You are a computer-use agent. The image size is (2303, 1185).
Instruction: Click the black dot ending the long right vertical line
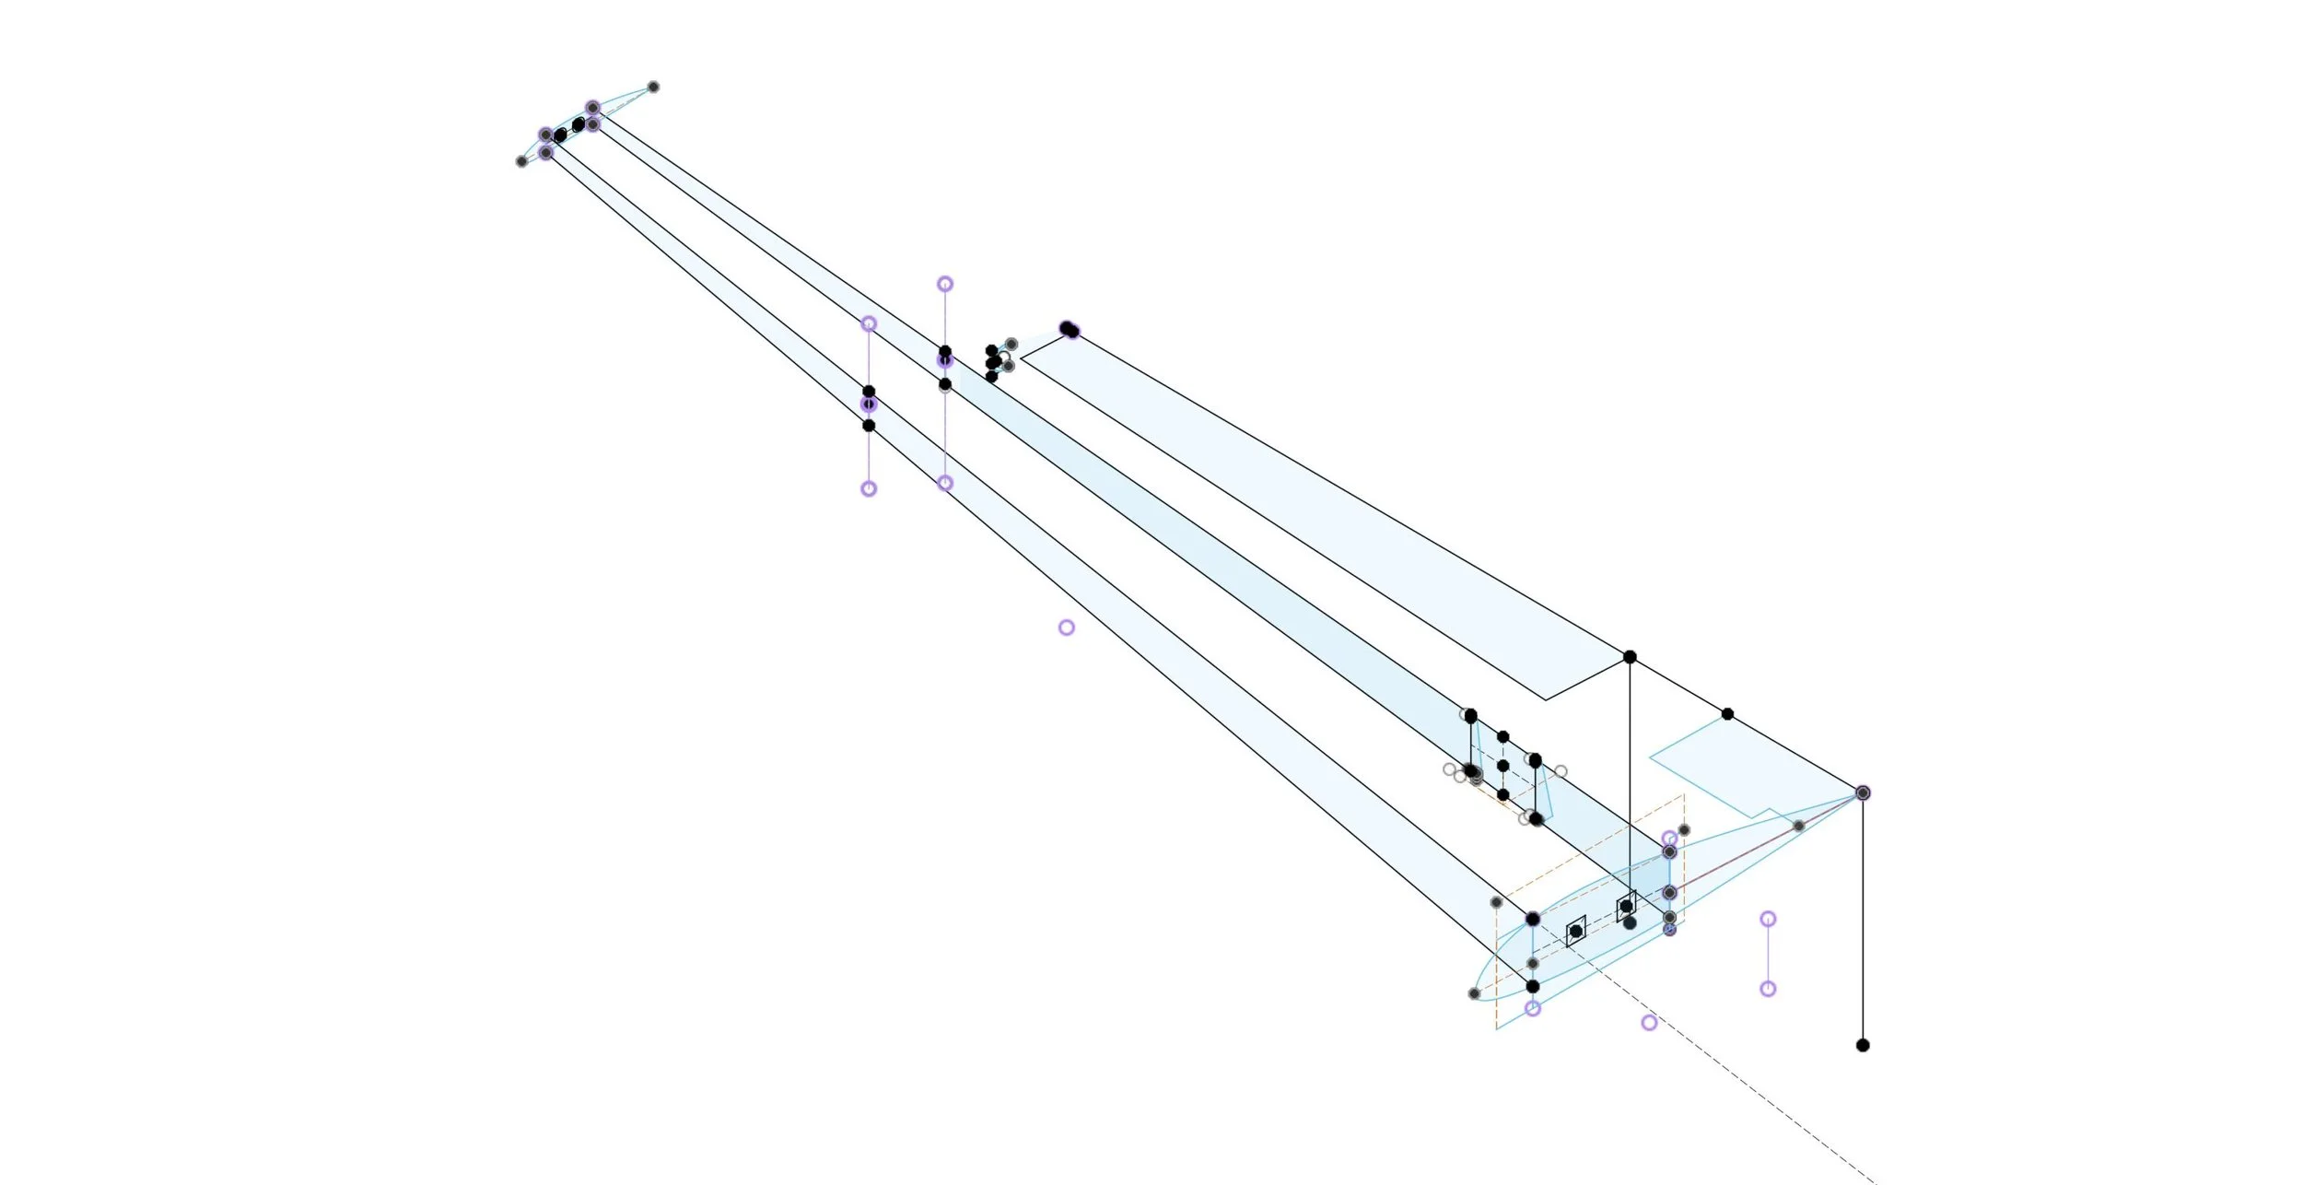[1863, 1045]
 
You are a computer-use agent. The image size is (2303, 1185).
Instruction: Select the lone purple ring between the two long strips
[1066, 628]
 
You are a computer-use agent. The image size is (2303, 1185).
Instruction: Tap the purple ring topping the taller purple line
[945, 284]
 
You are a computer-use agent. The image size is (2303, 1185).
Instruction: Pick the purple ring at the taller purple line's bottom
[945, 483]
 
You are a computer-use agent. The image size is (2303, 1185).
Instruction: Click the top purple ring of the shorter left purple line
[869, 323]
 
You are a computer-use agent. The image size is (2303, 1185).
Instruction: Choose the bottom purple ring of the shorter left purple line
[869, 488]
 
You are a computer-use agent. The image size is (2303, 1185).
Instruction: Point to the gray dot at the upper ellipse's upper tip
[653, 87]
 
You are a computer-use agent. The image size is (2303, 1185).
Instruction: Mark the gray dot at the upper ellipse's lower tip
[521, 161]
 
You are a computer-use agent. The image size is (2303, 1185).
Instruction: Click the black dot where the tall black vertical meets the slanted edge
[1630, 657]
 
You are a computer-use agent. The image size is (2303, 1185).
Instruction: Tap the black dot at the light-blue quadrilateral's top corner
[1727, 714]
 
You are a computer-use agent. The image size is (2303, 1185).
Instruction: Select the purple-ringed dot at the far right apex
[1863, 792]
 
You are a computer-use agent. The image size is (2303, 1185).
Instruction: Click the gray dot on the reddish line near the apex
[1798, 827]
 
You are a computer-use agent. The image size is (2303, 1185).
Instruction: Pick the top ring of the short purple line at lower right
[1768, 919]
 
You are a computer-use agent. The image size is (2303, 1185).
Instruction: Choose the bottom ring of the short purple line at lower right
[1768, 989]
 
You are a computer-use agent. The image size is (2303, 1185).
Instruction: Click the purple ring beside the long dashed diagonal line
[1649, 1022]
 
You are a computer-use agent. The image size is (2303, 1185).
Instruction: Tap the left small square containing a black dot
[1576, 932]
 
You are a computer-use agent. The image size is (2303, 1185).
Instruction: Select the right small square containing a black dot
[1626, 907]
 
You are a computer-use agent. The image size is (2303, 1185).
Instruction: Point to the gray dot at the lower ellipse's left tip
[1474, 993]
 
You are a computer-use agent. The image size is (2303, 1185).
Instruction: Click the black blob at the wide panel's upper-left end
[1069, 329]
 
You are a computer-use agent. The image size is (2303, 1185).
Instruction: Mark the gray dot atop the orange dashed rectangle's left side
[1496, 902]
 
